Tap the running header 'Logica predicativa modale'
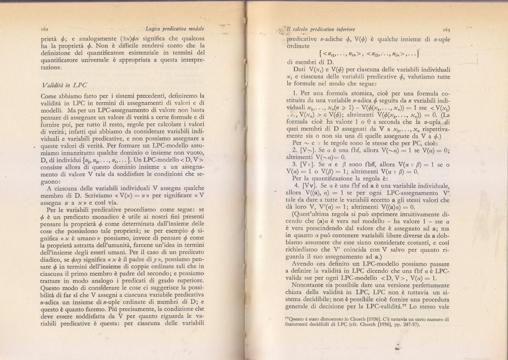174,29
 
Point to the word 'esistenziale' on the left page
147,53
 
